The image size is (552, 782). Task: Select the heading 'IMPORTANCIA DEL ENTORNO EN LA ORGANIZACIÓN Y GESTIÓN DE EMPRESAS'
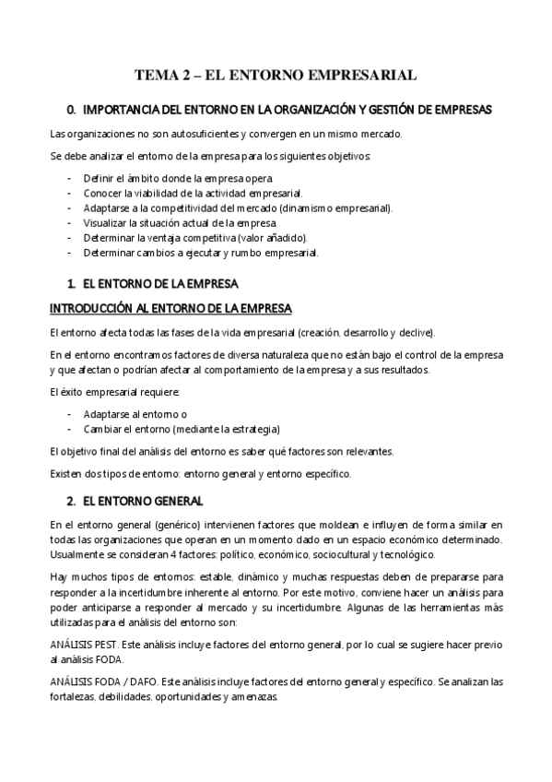[287, 110]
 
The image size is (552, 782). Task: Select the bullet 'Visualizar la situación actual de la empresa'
[180, 223]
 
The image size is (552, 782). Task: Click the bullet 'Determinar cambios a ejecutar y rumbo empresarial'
[201, 253]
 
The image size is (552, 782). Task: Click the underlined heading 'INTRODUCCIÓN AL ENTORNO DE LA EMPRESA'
[170, 306]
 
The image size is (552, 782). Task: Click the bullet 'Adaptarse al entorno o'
[135, 414]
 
